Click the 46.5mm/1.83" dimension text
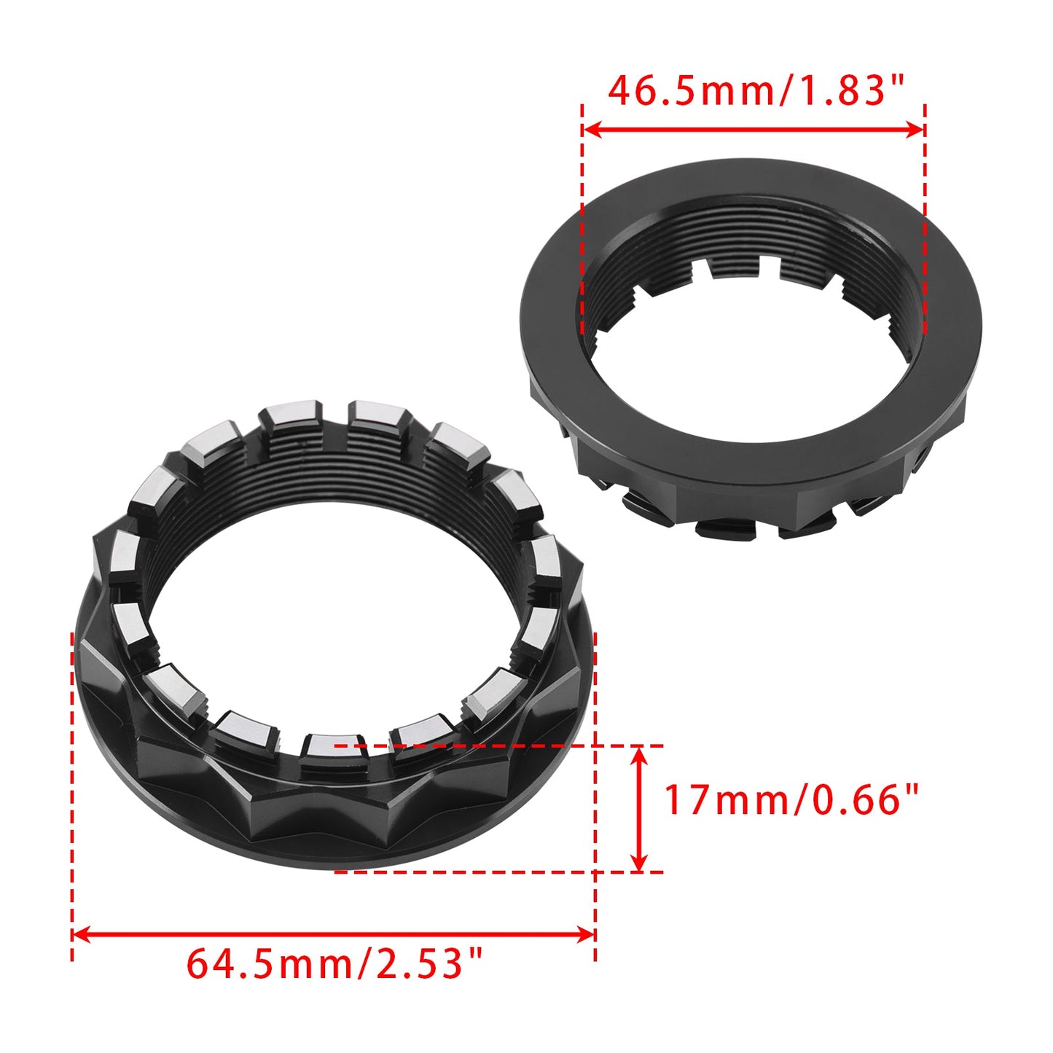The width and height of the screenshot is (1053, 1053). point(755,92)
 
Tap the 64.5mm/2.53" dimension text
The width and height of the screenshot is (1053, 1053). point(334,963)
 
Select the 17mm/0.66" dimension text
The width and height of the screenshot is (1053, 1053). point(791,799)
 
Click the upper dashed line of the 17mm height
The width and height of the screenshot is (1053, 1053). point(496,745)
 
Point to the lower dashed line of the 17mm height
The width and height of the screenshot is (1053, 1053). point(496,872)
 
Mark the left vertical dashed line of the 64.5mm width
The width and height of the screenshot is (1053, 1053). point(72,802)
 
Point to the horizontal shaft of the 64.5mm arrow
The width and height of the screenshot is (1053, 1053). point(334,933)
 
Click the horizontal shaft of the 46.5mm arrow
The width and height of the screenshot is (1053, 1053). point(753,130)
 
